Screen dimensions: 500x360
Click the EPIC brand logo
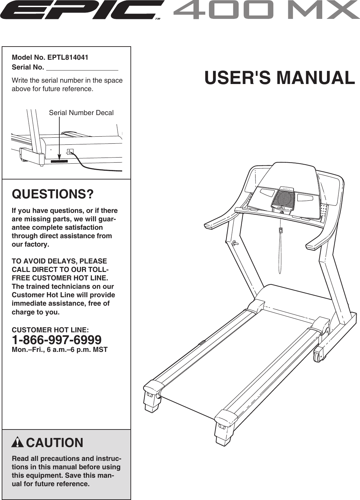(82, 10)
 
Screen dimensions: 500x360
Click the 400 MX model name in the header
(266, 10)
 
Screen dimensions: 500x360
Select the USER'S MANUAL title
(279, 78)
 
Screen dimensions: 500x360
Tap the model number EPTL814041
(68, 57)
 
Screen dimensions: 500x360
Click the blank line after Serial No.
(82, 68)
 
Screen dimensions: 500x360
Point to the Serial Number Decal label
(81, 113)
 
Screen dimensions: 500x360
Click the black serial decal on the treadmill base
(59, 161)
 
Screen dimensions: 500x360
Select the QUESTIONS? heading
(53, 194)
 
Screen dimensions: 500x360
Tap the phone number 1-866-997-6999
(56, 339)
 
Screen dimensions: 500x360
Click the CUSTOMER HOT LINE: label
(51, 330)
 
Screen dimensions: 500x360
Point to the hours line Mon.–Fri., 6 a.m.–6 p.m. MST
(60, 350)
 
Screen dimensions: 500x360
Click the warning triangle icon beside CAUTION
(18, 442)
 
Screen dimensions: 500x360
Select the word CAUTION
(55, 443)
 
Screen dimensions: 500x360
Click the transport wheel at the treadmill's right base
(318, 355)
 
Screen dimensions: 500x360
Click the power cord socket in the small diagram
(70, 151)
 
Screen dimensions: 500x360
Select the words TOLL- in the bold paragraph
(97, 270)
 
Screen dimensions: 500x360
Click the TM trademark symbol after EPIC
(157, 19)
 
